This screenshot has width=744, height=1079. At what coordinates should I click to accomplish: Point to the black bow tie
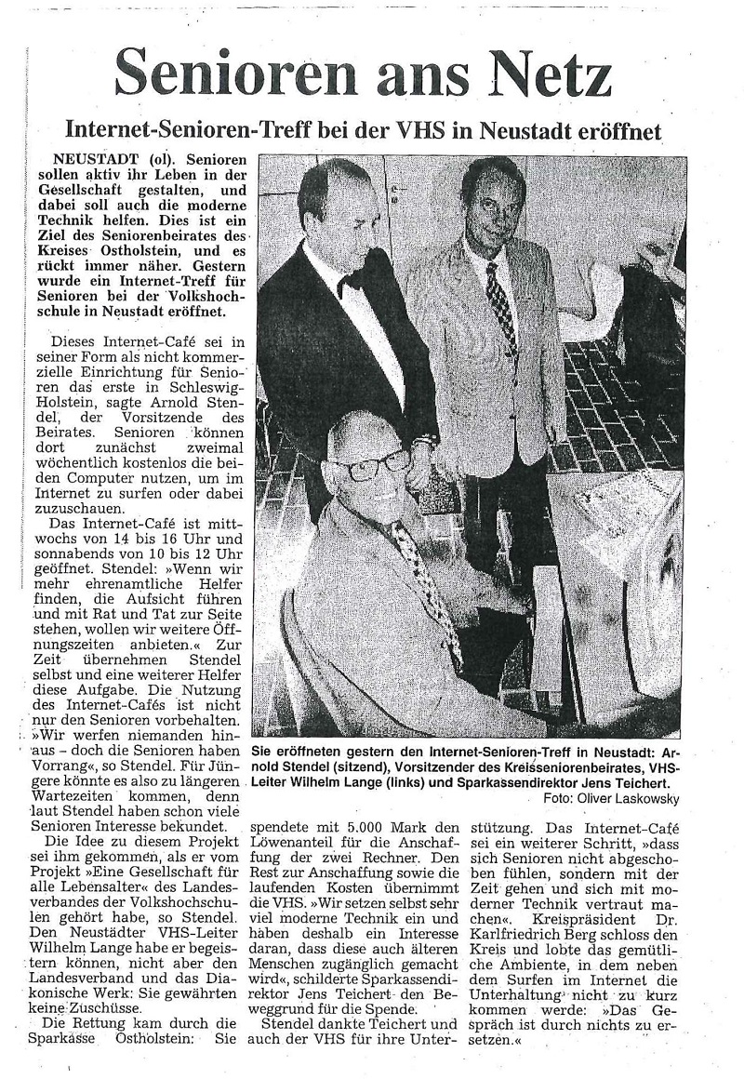350,282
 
